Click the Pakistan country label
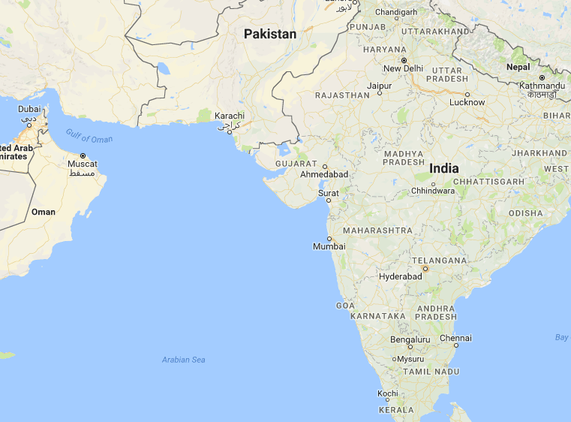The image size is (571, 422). [x=270, y=34]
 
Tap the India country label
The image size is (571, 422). [x=444, y=168]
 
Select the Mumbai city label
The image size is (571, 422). [x=329, y=246]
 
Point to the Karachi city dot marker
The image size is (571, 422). [x=230, y=129]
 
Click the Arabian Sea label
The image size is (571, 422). [x=183, y=360]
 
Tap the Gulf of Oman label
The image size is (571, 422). [x=89, y=136]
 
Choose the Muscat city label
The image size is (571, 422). [x=83, y=164]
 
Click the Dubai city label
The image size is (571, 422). [x=29, y=109]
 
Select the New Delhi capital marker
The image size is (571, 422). [x=403, y=59]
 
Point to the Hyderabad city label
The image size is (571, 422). [x=400, y=276]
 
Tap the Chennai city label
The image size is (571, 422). [x=455, y=339]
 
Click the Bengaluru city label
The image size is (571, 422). [x=410, y=339]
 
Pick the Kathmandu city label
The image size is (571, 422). [x=542, y=86]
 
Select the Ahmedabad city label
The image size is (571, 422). [x=324, y=174]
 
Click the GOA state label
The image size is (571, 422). [x=345, y=306]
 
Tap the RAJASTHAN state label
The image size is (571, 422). [x=342, y=95]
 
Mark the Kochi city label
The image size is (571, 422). [x=388, y=393]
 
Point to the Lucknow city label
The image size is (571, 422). [x=467, y=102]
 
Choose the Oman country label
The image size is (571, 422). [x=44, y=212]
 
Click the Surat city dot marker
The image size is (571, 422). [x=329, y=200]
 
